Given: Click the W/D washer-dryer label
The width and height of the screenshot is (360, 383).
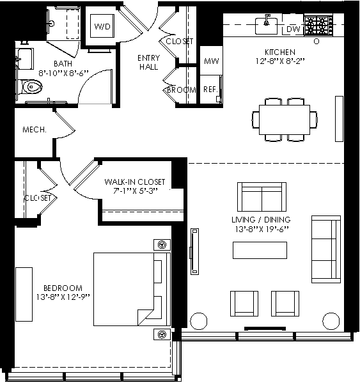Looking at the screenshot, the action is tap(102, 26).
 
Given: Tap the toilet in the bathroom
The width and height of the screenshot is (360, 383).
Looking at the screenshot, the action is tap(31, 86).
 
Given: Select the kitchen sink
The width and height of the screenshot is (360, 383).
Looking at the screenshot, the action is tap(266, 25).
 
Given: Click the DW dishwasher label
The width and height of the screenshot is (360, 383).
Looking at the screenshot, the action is tap(293, 29).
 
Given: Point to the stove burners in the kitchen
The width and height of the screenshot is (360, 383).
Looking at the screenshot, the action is tap(318, 26).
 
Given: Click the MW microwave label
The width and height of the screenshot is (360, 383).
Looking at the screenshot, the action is tap(212, 61).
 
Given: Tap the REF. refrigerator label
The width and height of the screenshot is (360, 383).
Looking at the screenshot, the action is tap(210, 90).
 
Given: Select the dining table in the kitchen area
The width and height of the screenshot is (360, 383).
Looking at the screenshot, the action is tap(285, 120).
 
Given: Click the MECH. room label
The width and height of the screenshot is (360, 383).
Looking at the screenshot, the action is tap(35, 130).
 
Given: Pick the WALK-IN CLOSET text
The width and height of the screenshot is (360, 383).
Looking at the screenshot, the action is tap(135, 182).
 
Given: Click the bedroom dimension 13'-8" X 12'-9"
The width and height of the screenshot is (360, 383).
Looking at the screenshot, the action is tap(63, 297).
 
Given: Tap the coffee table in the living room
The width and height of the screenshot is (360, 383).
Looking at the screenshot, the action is tap(260, 250).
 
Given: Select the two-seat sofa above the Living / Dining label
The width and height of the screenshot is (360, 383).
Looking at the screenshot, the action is tap(262, 197).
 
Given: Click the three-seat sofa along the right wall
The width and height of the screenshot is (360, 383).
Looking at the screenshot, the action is tap(326, 249).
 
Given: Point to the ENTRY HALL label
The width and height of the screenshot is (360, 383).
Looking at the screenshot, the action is tap(149, 62).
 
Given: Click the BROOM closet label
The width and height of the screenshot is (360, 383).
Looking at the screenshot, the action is tap(182, 90).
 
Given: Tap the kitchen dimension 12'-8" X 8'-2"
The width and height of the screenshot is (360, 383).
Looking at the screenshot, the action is tap(280, 61).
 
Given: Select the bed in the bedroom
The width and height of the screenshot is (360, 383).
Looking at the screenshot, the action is tap(132, 289).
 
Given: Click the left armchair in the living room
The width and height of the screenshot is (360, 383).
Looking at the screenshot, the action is tap(244, 304).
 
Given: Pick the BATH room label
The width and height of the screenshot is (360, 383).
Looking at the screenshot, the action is tap(63, 64).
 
